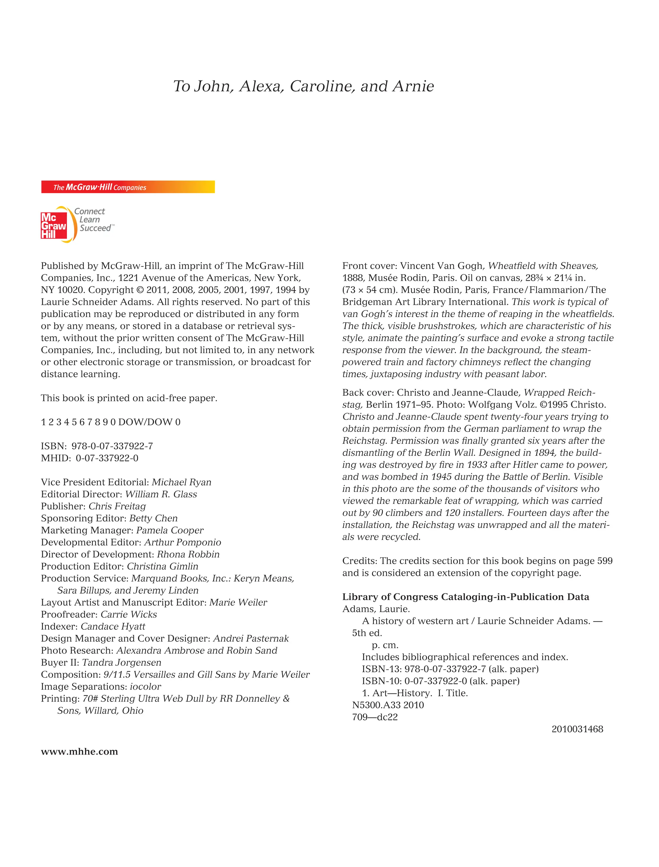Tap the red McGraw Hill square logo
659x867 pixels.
pyautogui.click(x=54, y=226)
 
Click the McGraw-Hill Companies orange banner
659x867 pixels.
pyautogui.click(x=128, y=187)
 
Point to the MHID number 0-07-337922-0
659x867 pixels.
pyautogui.click(x=107, y=458)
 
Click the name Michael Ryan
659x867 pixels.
pyautogui.click(x=181, y=482)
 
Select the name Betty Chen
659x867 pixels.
pyautogui.click(x=153, y=518)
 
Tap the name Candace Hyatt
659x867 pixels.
pyautogui.click(x=113, y=627)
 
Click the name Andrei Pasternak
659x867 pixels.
pyautogui.click(x=251, y=638)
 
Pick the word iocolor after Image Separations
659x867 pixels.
pyautogui.click(x=145, y=686)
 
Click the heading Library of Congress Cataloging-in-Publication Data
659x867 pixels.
pyautogui.click(x=465, y=597)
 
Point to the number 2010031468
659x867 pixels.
pyautogui.click(x=577, y=729)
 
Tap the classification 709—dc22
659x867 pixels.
pyautogui.click(x=375, y=717)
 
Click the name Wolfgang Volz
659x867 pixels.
pyautogui.click(x=506, y=405)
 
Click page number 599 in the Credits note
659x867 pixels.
pyautogui.click(x=605, y=561)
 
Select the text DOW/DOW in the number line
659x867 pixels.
pyautogui.click(x=145, y=422)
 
